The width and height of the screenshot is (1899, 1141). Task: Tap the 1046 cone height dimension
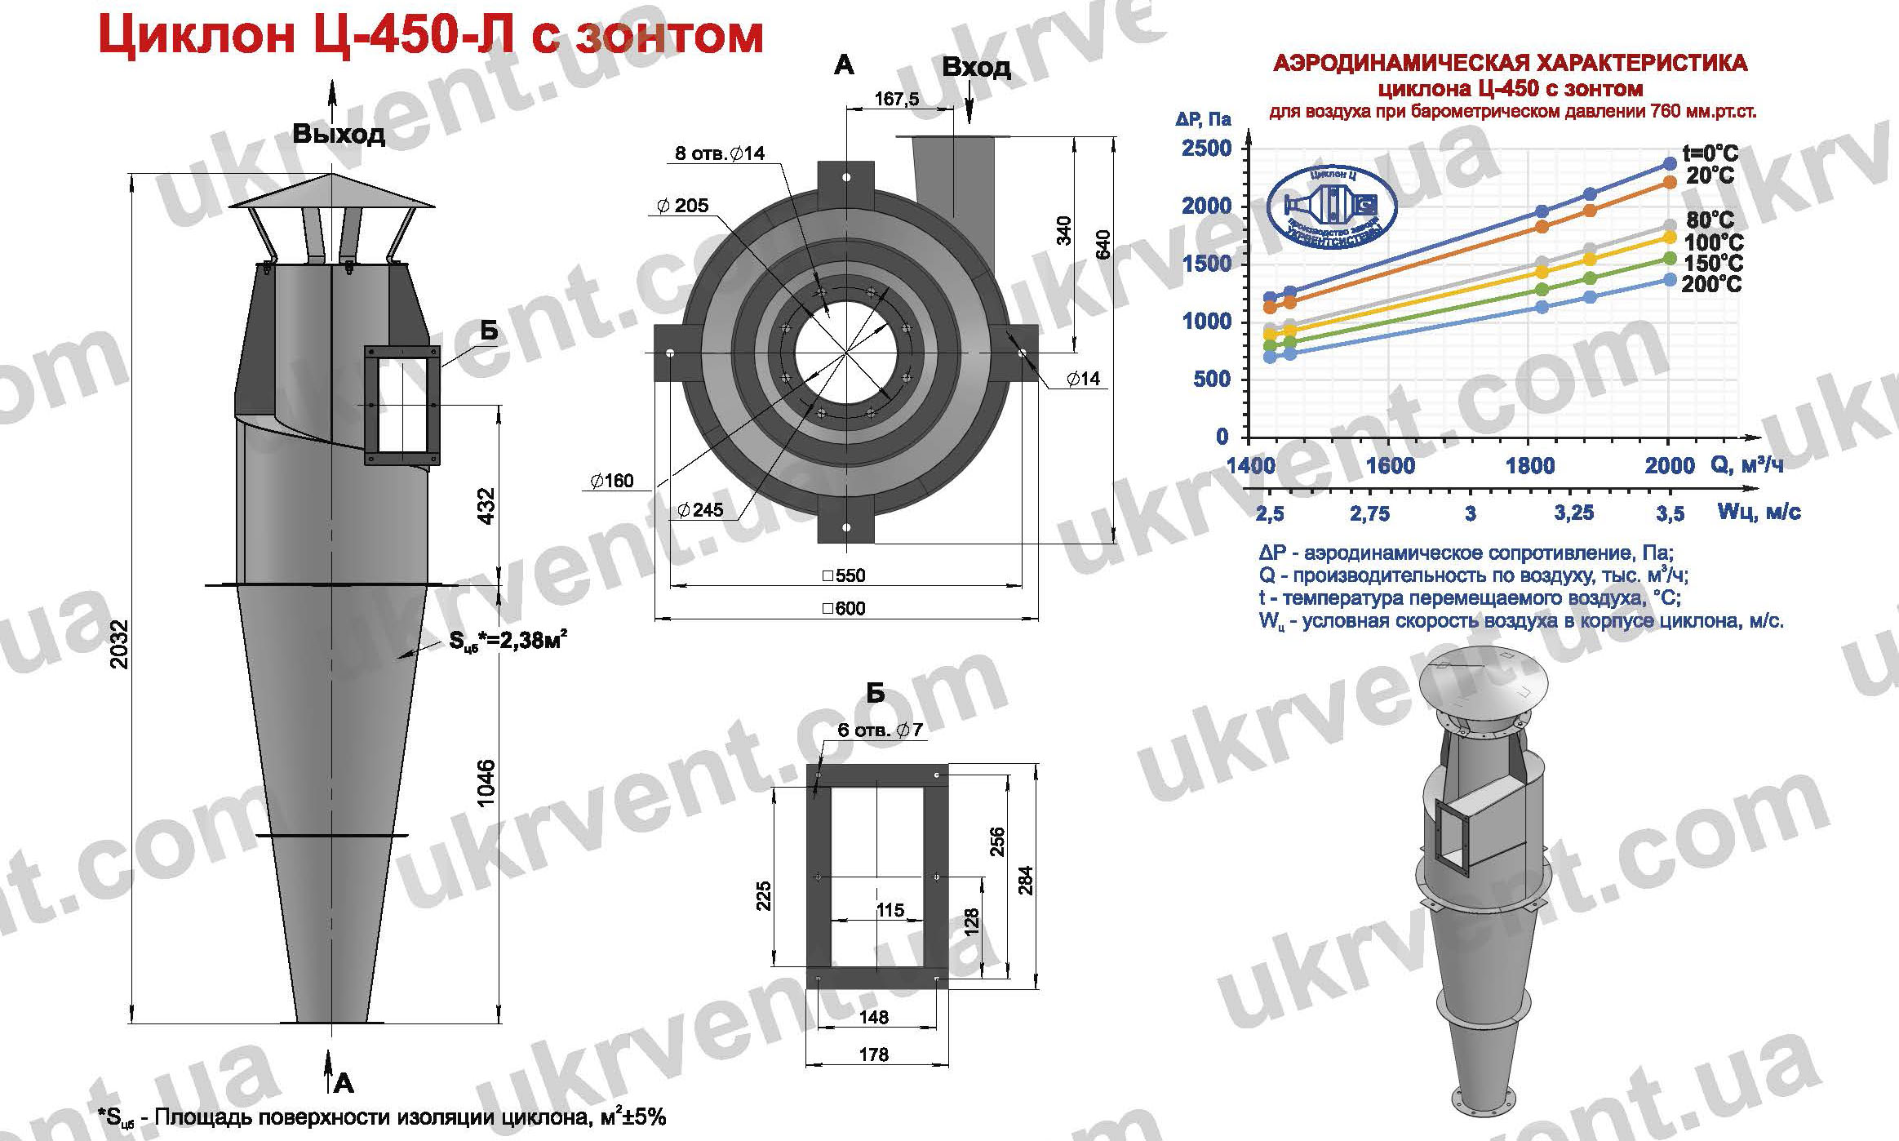[x=487, y=783]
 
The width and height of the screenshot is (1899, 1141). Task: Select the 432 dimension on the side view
[x=487, y=507]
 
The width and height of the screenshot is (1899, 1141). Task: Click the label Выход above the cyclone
[x=339, y=133]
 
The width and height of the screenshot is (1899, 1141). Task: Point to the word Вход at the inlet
[x=976, y=67]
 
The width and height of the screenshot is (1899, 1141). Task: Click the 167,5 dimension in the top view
[x=896, y=99]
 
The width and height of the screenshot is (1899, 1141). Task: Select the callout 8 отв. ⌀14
[x=720, y=153]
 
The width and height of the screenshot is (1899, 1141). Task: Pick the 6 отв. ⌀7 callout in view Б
[x=880, y=730]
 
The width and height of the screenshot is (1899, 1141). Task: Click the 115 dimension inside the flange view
[x=890, y=909]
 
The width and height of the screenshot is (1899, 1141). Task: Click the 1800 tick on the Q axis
[x=1529, y=466]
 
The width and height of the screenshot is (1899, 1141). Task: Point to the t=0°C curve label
[x=1710, y=153]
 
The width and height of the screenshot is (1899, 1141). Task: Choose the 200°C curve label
[x=1712, y=285]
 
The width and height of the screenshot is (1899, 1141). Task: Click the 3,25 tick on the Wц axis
[x=1573, y=513]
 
